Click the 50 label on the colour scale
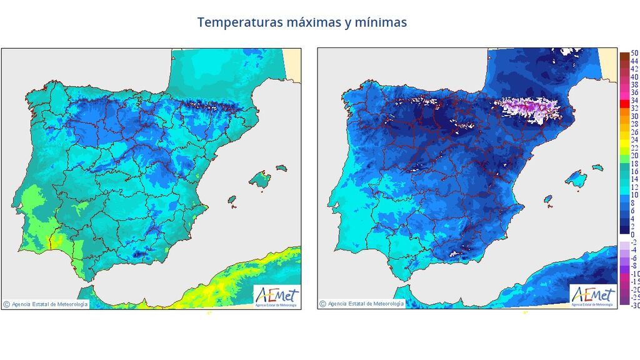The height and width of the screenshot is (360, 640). (634, 54)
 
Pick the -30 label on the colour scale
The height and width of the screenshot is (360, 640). (634, 306)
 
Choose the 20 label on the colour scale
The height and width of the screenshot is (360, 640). (634, 155)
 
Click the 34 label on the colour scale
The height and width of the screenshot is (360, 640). (634, 100)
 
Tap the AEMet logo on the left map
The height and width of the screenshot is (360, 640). (277, 296)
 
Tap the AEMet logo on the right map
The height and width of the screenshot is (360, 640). (593, 296)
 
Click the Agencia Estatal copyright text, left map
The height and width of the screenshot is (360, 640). (46, 304)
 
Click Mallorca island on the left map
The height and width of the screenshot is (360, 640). (262, 181)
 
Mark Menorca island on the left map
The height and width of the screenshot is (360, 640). (281, 168)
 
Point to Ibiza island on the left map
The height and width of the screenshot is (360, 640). (232, 200)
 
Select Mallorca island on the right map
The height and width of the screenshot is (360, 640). (579, 181)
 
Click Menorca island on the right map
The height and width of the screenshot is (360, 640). (597, 168)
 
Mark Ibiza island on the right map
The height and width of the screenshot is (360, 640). (548, 200)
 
